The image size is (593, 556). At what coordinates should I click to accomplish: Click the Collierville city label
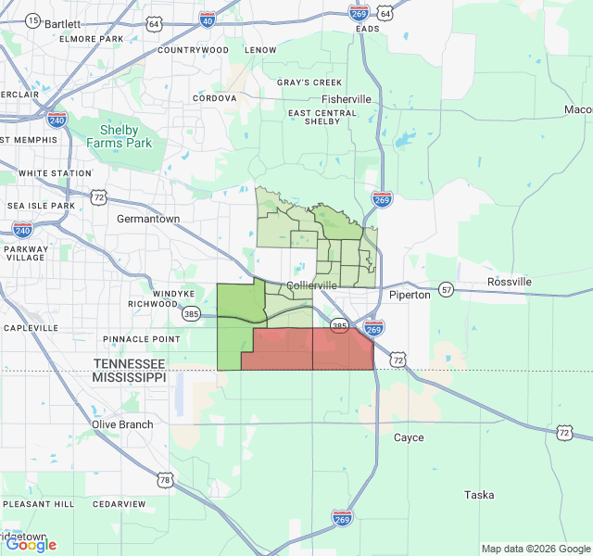pos(312,285)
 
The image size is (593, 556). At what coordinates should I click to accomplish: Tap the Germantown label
pos(148,220)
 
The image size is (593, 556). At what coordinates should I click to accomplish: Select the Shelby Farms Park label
pos(120,136)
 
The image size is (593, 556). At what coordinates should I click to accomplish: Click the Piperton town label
pos(410,295)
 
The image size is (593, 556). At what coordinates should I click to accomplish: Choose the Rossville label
pos(510,282)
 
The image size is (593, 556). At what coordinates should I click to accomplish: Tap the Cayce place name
pos(409,437)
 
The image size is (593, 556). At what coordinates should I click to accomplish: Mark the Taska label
pos(479,495)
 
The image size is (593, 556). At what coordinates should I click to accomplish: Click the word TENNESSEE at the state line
pos(129,364)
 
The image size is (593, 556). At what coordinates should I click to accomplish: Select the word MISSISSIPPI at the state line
pos(129,378)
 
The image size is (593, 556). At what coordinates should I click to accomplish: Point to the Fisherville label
pos(347,99)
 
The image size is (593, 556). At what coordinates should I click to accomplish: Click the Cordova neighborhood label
pos(215,98)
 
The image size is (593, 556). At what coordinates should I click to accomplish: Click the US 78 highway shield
pos(165,479)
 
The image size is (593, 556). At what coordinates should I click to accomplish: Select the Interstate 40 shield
pos(207,19)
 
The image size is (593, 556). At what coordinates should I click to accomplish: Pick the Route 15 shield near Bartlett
pos(33,20)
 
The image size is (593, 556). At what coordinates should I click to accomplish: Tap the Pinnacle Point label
pos(142,339)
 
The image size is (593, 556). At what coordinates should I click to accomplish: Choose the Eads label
pos(368,29)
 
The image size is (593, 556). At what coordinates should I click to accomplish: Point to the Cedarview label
pos(120,504)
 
